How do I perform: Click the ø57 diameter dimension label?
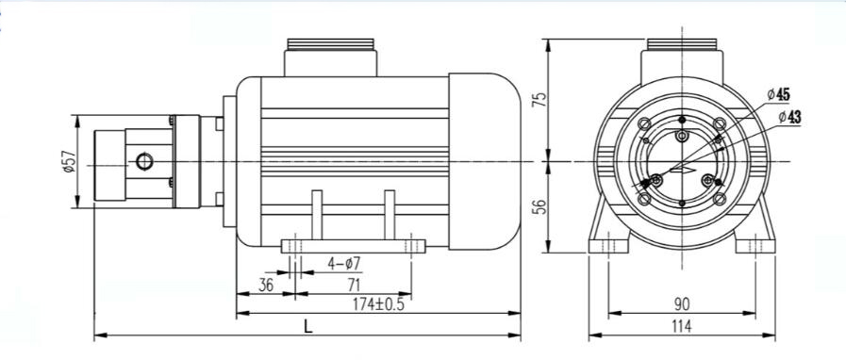point(68,162)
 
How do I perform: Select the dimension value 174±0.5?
point(378,304)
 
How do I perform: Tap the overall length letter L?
point(308,327)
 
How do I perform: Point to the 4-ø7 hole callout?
point(343,264)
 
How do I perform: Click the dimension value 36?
point(266,286)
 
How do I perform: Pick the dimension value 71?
point(354,286)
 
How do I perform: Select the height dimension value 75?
point(540,100)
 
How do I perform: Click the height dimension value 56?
point(540,206)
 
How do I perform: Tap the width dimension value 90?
point(682,304)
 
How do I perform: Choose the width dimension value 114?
point(682,326)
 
